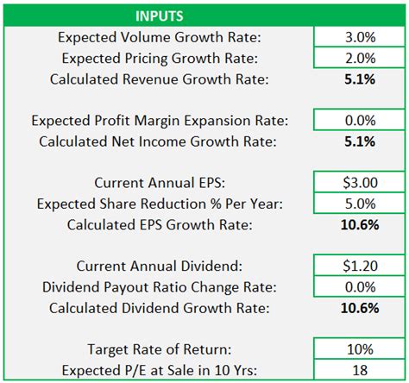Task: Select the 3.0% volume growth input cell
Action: pyautogui.click(x=359, y=38)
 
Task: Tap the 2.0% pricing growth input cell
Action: pyautogui.click(x=359, y=59)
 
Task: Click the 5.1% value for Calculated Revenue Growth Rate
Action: pyautogui.click(x=359, y=79)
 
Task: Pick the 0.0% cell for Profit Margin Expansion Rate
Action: pyautogui.click(x=359, y=122)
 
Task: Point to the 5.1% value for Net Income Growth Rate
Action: pyautogui.click(x=359, y=142)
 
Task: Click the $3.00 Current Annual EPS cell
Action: pyautogui.click(x=359, y=184)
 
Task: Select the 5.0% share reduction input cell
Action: pyautogui.click(x=359, y=204)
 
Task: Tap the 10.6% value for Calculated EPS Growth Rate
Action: pyautogui.click(x=359, y=225)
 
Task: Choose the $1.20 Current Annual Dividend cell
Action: pyautogui.click(x=359, y=267)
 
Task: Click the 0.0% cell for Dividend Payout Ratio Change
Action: pyautogui.click(x=359, y=287)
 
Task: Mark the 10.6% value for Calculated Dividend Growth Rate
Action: pyautogui.click(x=359, y=308)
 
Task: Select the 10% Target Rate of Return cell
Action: pyautogui.click(x=359, y=349)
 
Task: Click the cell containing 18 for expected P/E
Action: pyautogui.click(x=359, y=369)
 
